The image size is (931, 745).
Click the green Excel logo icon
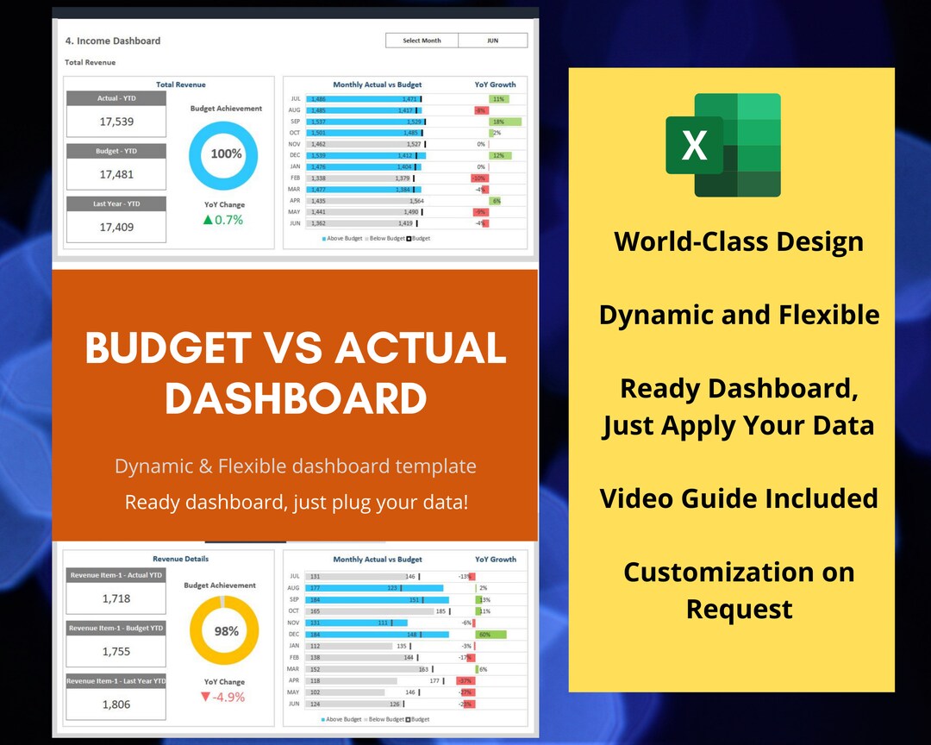tap(723, 145)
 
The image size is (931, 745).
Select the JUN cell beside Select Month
tap(492, 41)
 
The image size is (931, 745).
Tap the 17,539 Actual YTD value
tap(116, 122)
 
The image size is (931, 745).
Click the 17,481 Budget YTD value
tap(116, 174)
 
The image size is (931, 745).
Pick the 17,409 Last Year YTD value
tap(116, 228)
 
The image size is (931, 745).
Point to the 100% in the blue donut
tap(226, 154)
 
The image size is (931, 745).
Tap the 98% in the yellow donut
tap(226, 631)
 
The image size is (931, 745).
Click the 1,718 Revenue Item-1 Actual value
tap(116, 598)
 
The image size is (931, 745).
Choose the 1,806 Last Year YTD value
tap(116, 704)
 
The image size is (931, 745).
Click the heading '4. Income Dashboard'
tap(113, 41)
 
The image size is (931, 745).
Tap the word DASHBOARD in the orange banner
tap(296, 398)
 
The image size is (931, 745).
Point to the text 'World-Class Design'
tap(739, 241)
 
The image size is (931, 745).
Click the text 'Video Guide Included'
tap(739, 498)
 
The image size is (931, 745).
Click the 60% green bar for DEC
tap(490, 635)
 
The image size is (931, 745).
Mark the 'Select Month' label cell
tap(422, 41)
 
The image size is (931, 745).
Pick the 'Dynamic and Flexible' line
tap(739, 315)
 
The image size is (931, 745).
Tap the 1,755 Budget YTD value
tap(116, 652)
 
